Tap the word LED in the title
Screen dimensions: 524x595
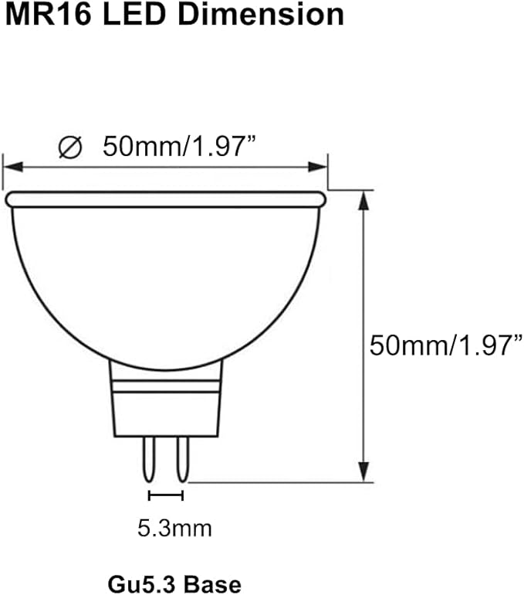pyautogui.click(x=134, y=15)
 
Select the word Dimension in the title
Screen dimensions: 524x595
pyautogui.click(x=261, y=15)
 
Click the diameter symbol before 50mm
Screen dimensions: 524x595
pyautogui.click(x=70, y=148)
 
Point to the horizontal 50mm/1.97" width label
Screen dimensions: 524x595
pyautogui.click(x=179, y=146)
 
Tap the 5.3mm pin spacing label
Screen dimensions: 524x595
pyautogui.click(x=174, y=529)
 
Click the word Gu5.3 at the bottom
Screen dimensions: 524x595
pyautogui.click(x=143, y=583)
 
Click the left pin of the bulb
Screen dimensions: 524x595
pyautogui.click(x=148, y=459)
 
